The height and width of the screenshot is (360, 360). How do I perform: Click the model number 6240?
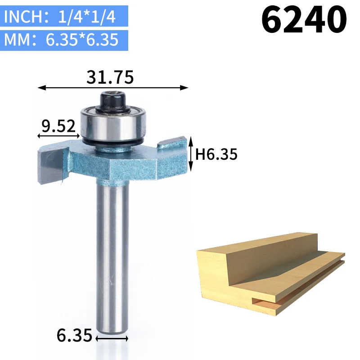click(304, 19)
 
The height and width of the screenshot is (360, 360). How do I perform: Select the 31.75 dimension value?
click(110, 77)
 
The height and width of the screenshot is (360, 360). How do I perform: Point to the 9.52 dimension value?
click(58, 126)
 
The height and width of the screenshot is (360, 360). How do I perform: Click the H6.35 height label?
click(216, 154)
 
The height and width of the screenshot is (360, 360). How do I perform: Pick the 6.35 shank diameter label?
click(74, 335)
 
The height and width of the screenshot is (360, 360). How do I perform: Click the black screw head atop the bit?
click(112, 102)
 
